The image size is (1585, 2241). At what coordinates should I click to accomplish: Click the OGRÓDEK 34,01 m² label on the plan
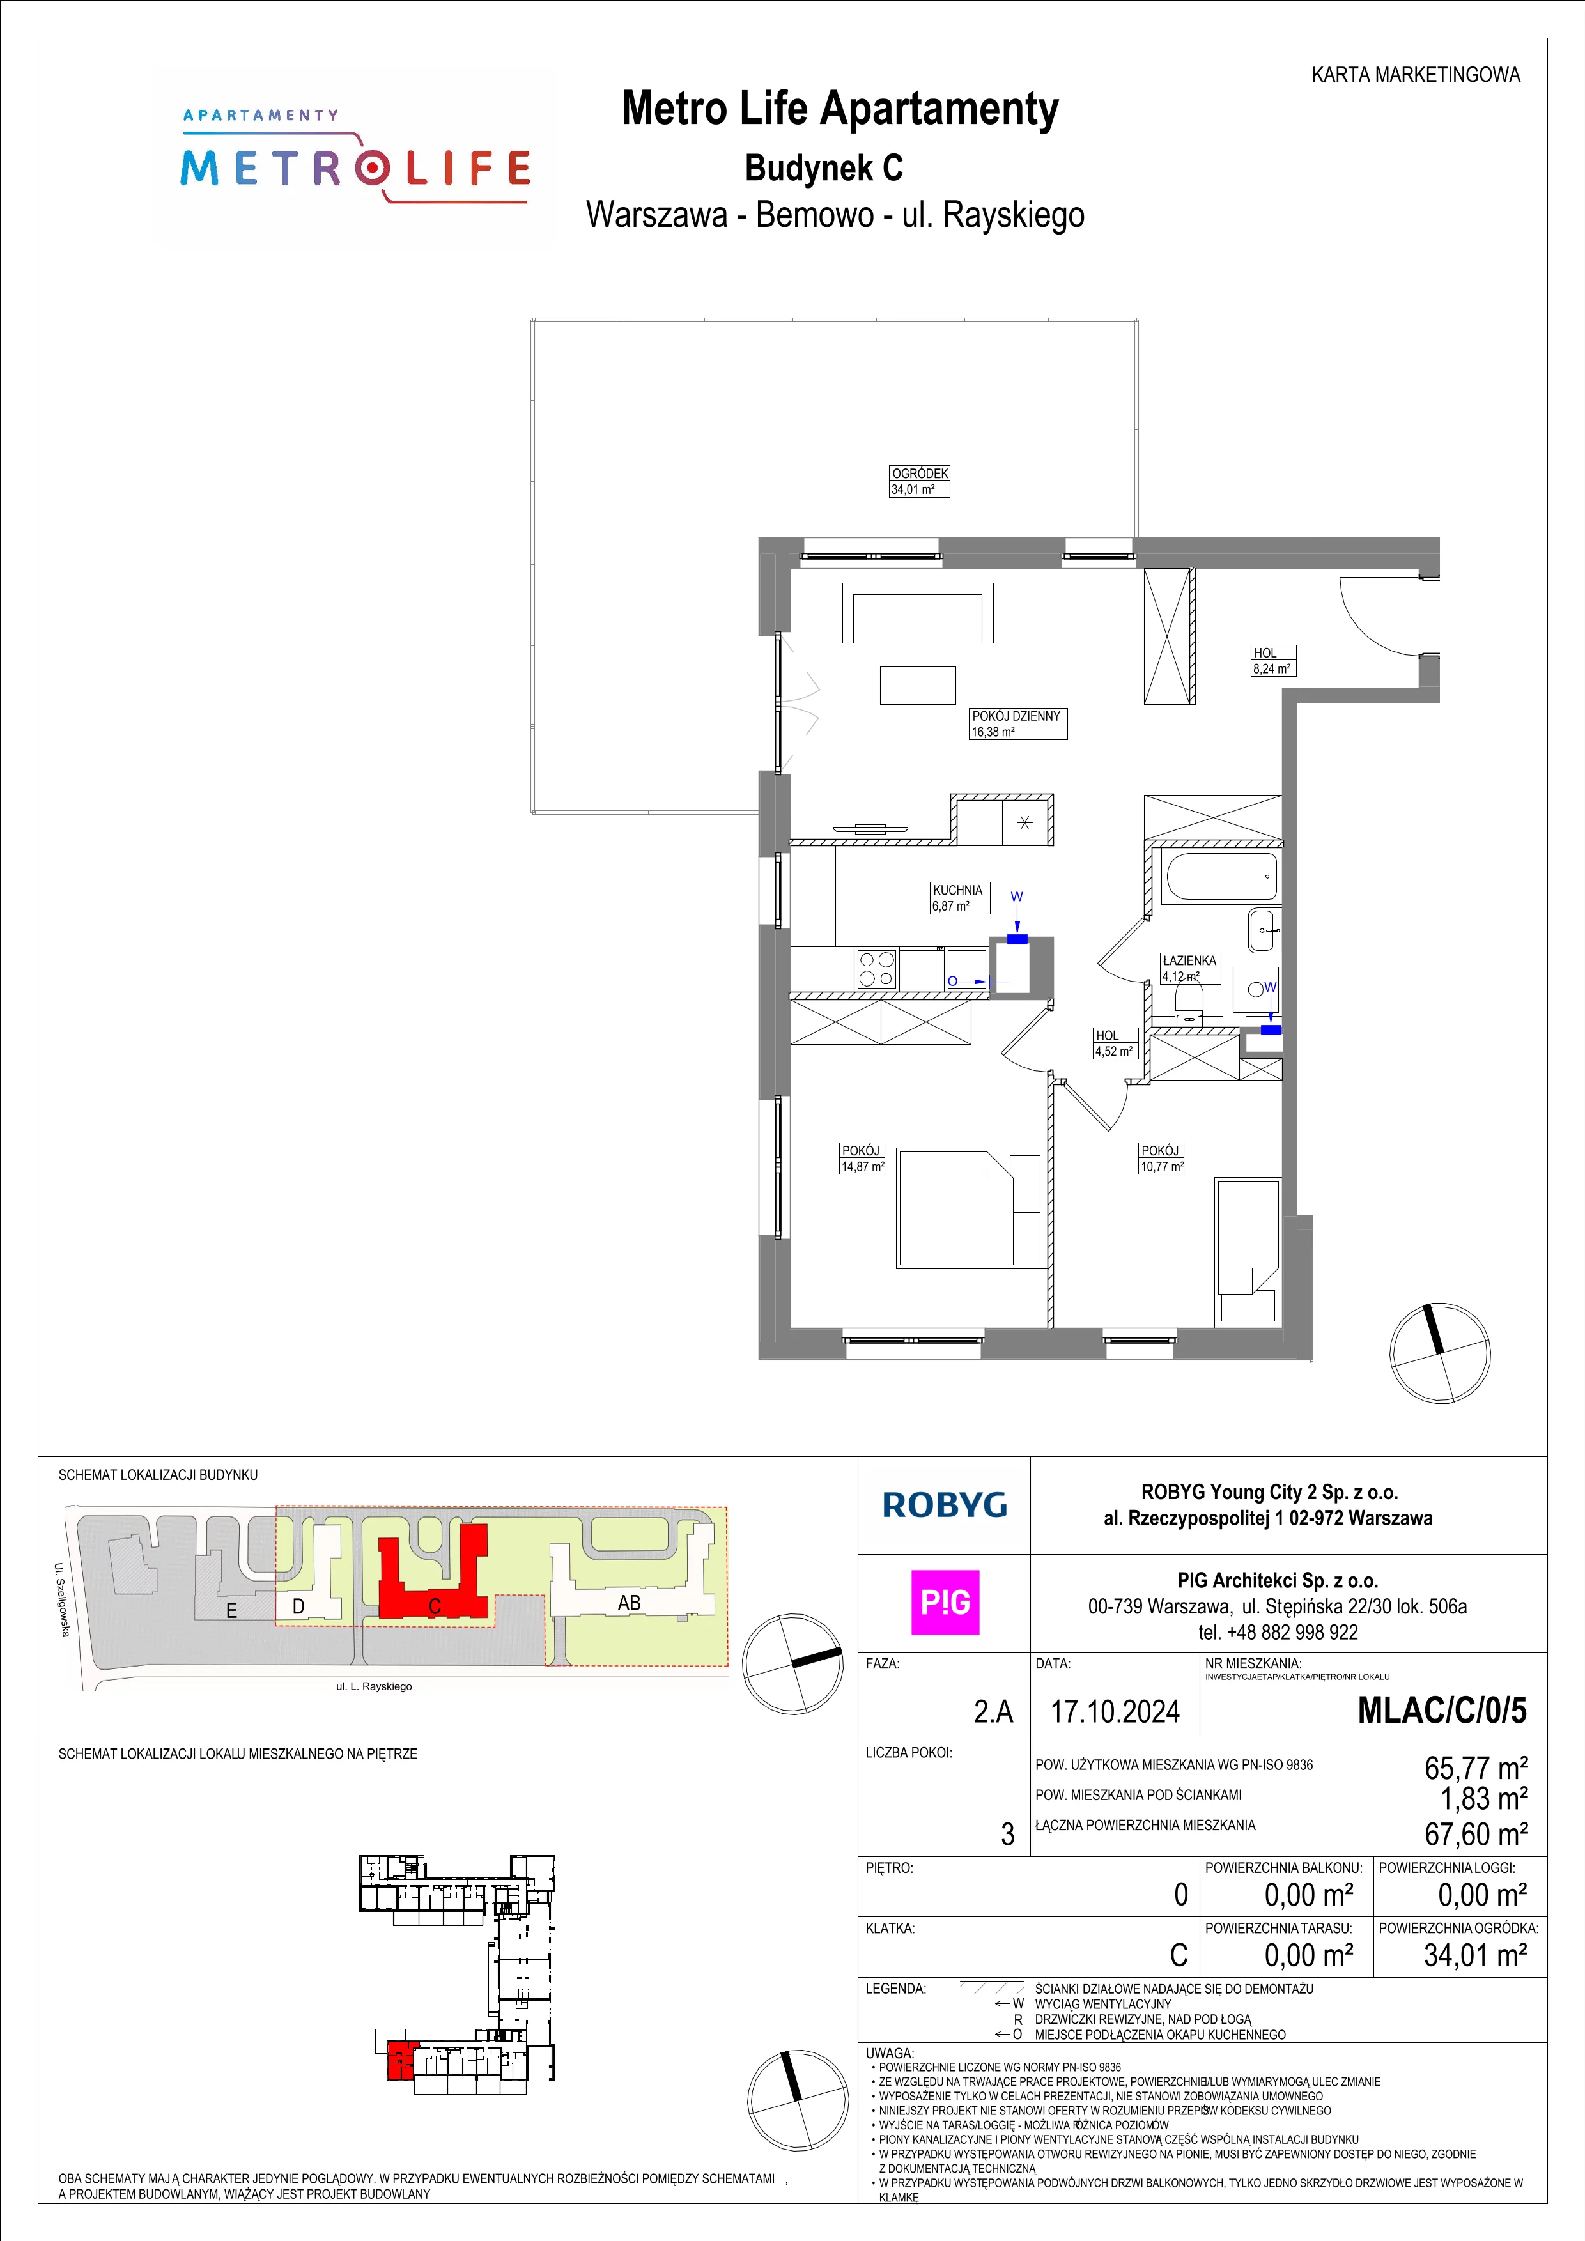920,481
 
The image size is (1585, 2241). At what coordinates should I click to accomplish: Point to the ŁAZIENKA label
1189,960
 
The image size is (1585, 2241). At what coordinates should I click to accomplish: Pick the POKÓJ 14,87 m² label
863,1159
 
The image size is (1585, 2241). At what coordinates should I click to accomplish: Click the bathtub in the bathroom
1221,875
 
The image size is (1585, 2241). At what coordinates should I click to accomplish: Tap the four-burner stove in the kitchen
876,970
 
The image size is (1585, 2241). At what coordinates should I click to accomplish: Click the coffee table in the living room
917,684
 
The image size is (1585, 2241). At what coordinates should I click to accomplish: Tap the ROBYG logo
944,1505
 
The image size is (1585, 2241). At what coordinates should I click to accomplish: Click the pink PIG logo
945,1603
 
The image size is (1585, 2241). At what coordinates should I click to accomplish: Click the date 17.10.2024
1115,1711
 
